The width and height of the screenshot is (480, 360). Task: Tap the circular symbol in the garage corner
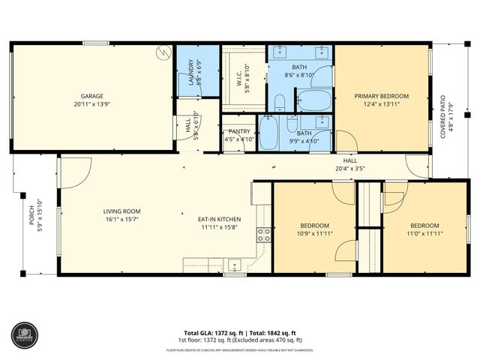tap(162, 52)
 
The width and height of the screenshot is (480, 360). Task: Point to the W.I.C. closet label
tap(237, 73)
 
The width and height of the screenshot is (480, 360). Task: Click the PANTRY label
tap(239, 131)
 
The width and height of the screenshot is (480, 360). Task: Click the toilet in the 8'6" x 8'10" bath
tap(278, 103)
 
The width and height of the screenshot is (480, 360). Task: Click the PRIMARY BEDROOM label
tap(382, 96)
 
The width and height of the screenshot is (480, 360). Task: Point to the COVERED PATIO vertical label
tap(442, 116)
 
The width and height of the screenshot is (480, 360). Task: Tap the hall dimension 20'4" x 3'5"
tap(350, 169)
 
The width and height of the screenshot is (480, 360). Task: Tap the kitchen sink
tap(234, 265)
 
